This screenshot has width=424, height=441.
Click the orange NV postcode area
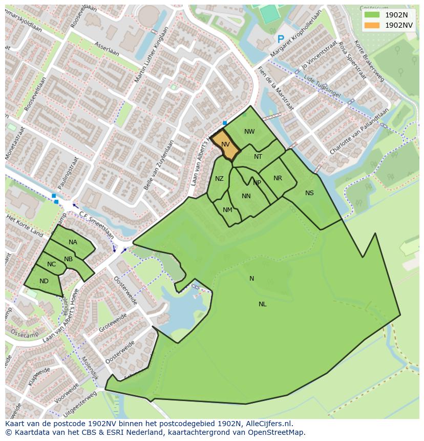click(x=225, y=145)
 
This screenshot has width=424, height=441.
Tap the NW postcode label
click(x=249, y=132)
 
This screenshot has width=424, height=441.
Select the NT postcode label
click(x=258, y=157)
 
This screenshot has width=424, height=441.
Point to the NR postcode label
click(x=278, y=178)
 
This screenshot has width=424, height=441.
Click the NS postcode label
click(x=309, y=193)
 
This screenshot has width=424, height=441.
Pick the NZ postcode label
click(x=219, y=179)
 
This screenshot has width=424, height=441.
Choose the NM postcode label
click(x=227, y=210)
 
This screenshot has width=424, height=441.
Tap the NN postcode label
click(x=246, y=196)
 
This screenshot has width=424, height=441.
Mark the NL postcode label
click(x=262, y=304)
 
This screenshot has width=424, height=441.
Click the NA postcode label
click(x=73, y=242)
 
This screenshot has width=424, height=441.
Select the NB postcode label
click(x=69, y=259)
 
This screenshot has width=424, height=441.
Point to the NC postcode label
click(x=51, y=264)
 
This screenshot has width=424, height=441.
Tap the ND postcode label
click(x=44, y=281)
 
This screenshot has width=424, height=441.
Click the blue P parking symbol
click(x=280, y=39)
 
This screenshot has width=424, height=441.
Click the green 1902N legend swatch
click(x=372, y=15)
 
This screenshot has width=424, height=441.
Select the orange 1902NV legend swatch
click(x=372, y=25)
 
